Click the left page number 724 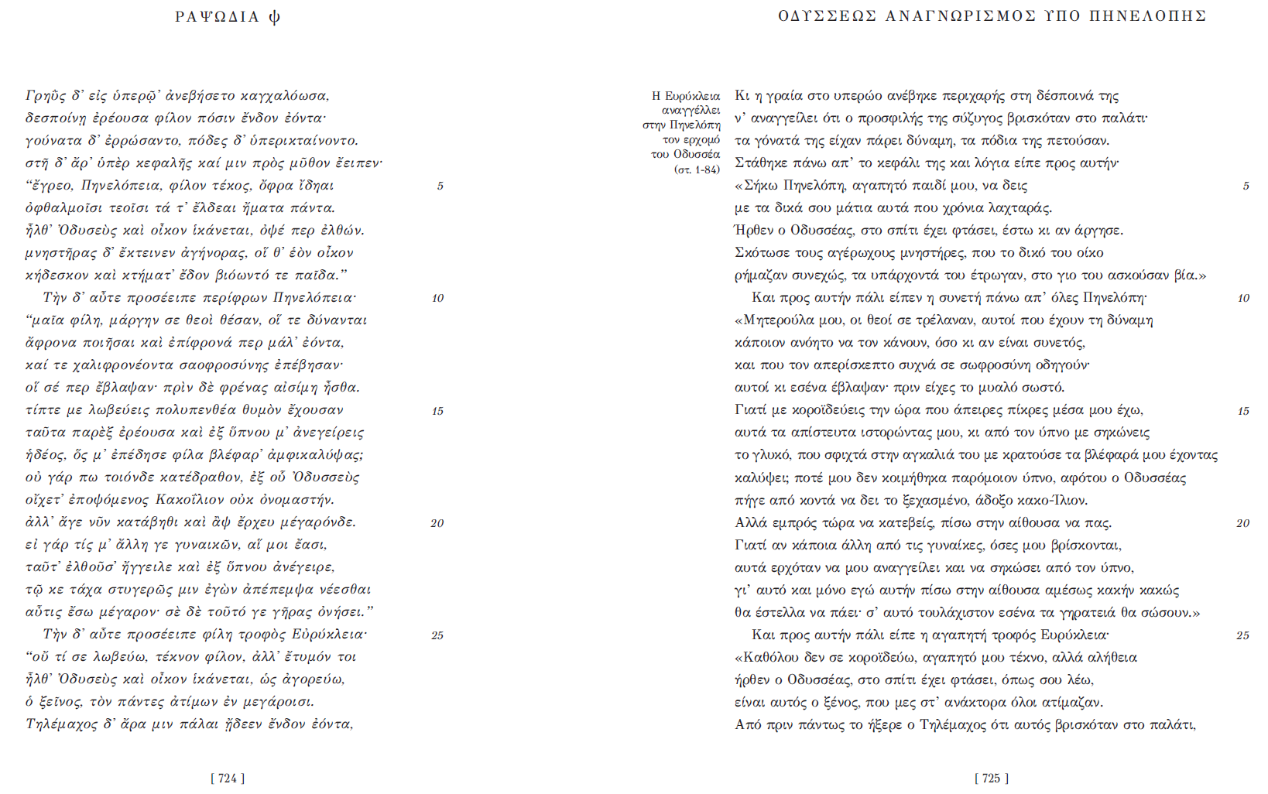(228, 779)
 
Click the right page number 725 (992, 779)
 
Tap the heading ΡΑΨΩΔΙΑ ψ (228, 17)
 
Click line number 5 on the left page (440, 186)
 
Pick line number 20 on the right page (1242, 523)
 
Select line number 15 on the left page (437, 411)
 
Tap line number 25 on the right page (1242, 635)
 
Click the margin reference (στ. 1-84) (697, 169)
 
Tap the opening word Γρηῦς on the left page (44, 96)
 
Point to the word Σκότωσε (760, 253)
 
